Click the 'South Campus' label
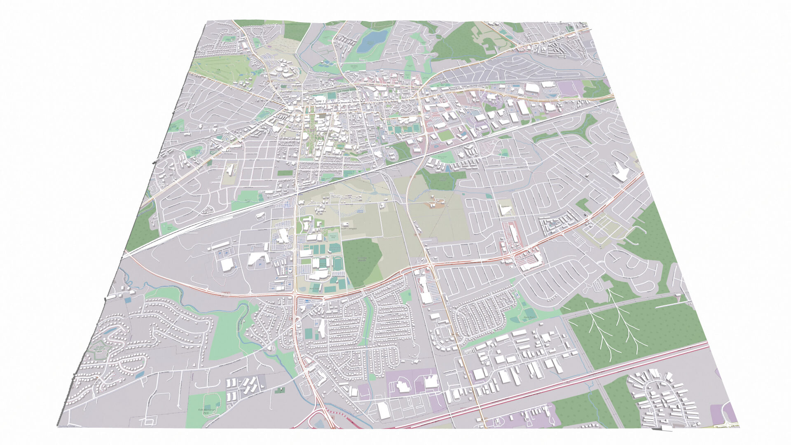pos(348,228)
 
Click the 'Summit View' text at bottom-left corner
pos(68,426)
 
